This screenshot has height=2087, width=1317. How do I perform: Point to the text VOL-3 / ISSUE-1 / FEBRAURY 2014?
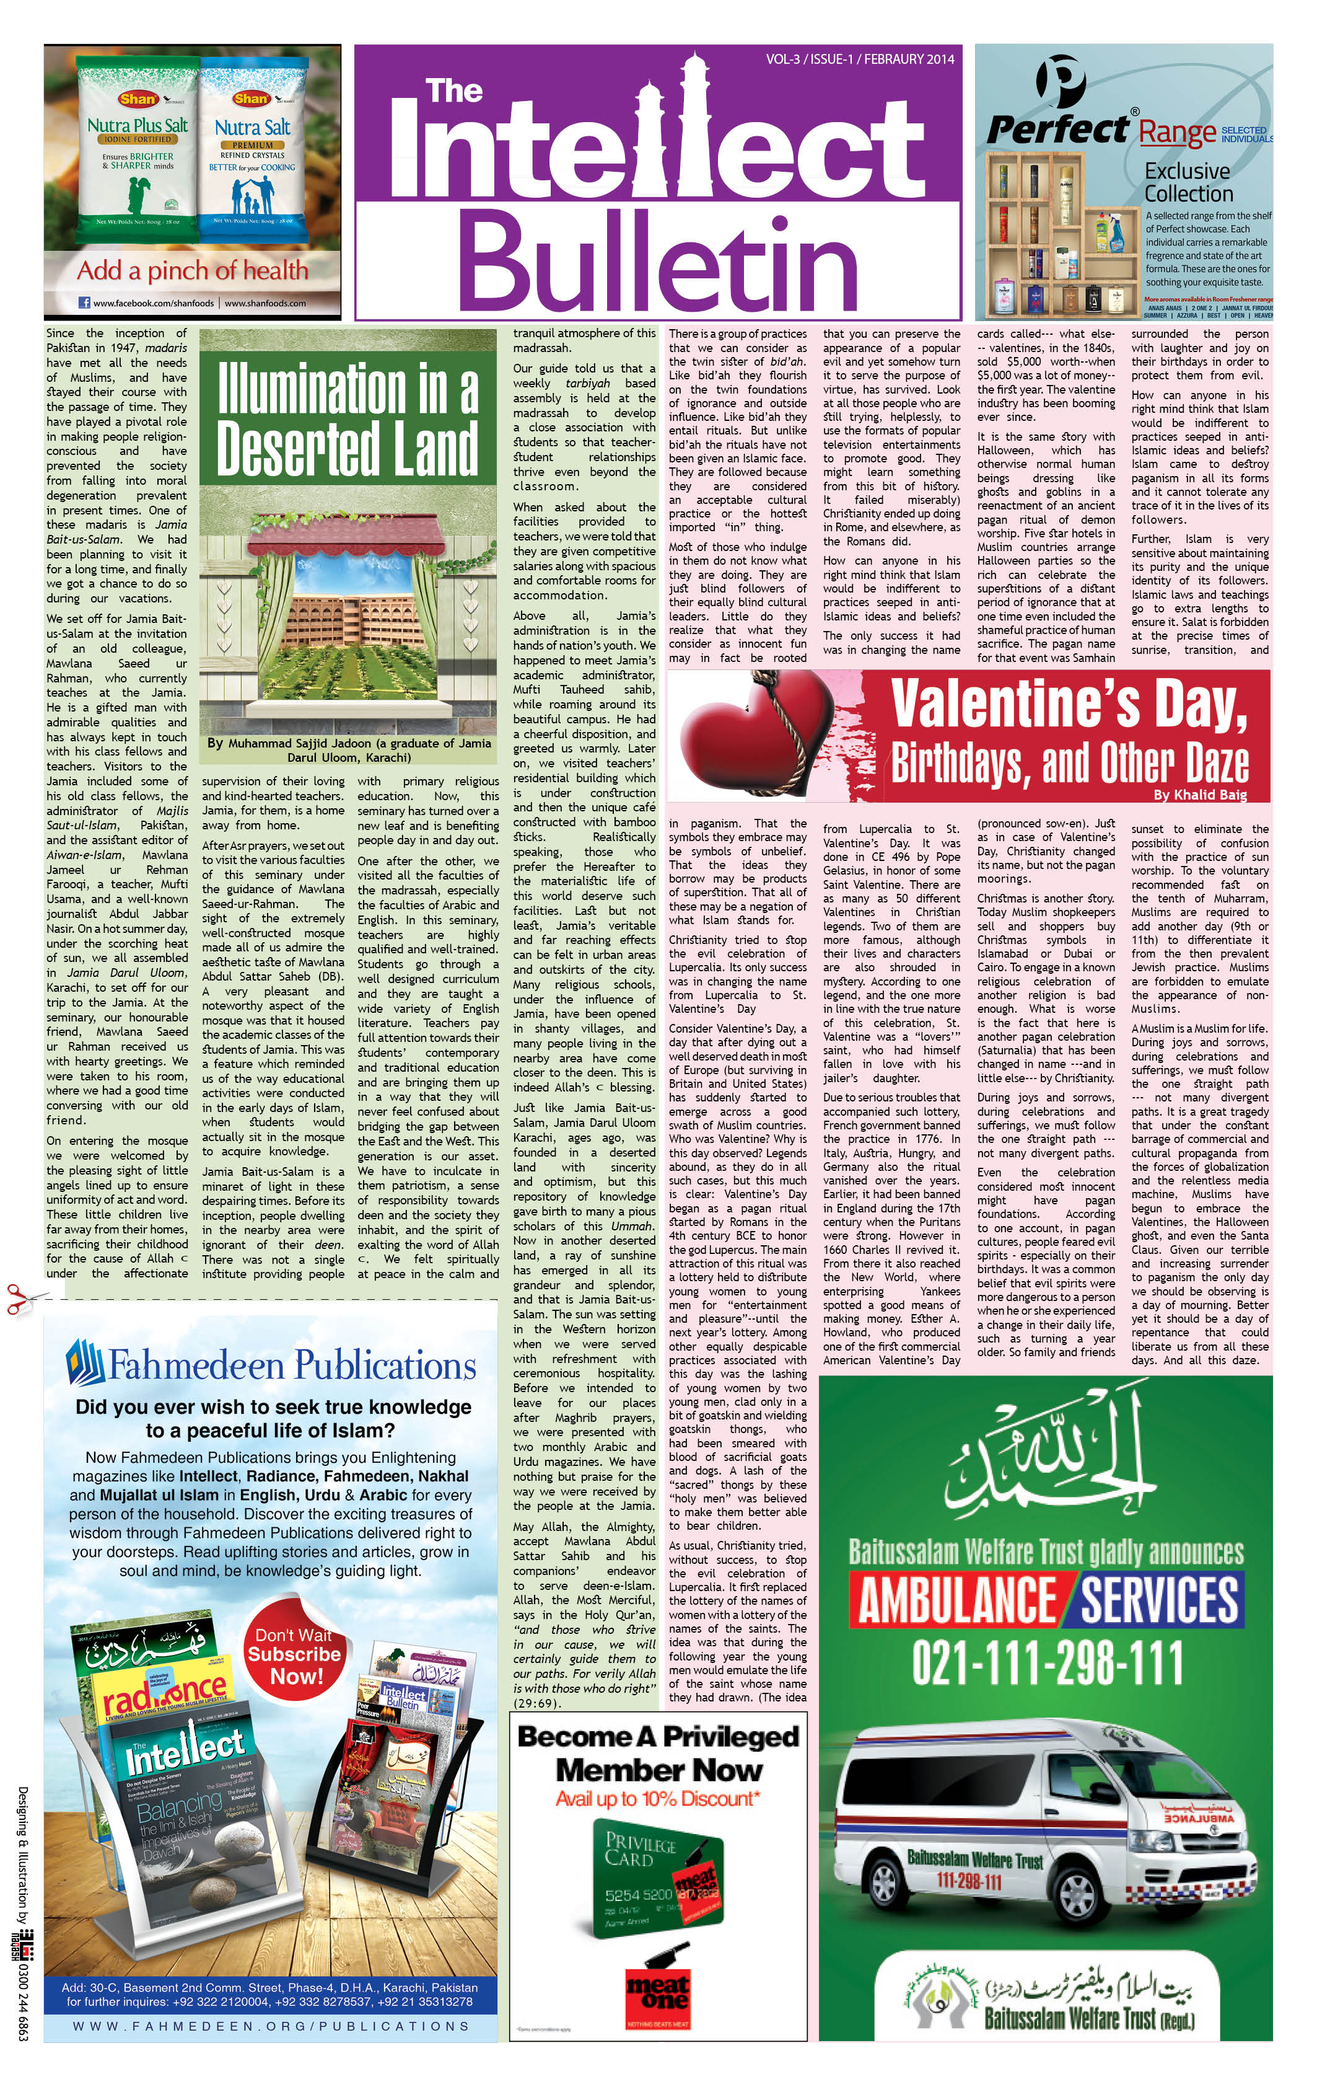point(859,59)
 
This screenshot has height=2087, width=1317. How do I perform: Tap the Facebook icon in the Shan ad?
point(85,303)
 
